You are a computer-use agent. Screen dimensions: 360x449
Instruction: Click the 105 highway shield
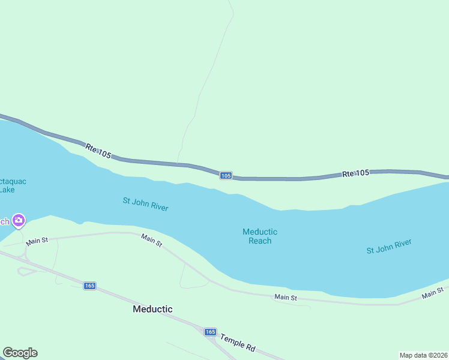point(225,175)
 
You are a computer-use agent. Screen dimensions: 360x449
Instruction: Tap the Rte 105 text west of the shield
point(98,151)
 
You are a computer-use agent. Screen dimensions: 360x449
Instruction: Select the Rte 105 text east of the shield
point(355,173)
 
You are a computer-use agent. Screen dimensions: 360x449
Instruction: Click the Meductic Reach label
point(260,236)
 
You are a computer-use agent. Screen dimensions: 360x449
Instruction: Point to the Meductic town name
point(152,309)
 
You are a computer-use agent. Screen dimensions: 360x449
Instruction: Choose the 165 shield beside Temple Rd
point(210,332)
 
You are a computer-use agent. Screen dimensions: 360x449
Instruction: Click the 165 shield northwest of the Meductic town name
point(89,286)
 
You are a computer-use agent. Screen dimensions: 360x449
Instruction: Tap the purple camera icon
point(19,221)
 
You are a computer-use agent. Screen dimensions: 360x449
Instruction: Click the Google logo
point(20,353)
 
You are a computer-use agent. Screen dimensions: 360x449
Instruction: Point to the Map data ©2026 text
point(424,355)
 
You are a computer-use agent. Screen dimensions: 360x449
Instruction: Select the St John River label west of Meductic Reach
point(145,204)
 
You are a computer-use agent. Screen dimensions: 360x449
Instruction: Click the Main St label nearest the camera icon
point(37,241)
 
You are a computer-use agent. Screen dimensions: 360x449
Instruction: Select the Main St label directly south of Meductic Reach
point(286,297)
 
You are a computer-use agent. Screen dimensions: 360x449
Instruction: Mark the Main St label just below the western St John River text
point(152,241)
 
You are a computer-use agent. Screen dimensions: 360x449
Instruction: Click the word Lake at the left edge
point(7,190)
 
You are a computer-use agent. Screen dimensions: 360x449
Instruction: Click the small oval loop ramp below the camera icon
point(25,271)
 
